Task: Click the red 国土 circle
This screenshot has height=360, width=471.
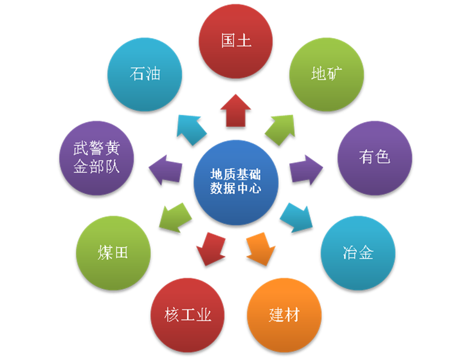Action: [235, 42]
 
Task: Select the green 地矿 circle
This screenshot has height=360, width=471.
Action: [327, 75]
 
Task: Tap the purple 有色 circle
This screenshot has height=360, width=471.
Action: [374, 158]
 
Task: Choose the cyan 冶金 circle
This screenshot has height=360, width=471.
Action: [358, 253]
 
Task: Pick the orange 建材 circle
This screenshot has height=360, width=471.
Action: [284, 315]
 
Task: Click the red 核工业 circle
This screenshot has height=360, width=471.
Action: [187, 315]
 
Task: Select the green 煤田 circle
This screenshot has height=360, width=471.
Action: [113, 253]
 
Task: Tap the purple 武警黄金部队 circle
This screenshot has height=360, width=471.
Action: [97, 158]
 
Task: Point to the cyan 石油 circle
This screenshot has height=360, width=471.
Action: [145, 75]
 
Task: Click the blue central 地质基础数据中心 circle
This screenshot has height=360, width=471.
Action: [236, 183]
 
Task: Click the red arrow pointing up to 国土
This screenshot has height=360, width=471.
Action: [235, 110]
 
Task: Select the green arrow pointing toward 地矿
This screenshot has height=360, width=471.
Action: [280, 130]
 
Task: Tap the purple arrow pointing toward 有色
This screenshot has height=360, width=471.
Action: [306, 170]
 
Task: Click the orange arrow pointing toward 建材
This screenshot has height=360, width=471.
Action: [260, 249]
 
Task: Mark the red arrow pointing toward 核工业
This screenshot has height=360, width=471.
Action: [211, 249]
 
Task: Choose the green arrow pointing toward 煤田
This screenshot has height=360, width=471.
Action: [175, 217]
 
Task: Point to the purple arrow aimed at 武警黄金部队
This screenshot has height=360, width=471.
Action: [166, 170]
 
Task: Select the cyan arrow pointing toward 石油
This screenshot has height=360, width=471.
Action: [192, 130]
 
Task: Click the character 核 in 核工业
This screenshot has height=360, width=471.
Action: [171, 315]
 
